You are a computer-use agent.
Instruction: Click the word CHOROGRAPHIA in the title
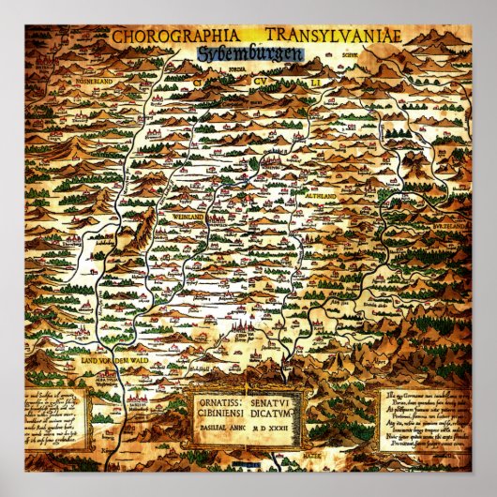(165, 38)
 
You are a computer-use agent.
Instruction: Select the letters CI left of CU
(200, 82)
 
